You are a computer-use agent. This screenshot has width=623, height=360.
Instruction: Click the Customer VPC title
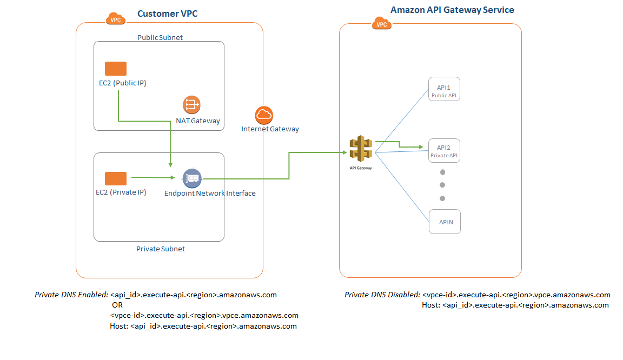click(167, 14)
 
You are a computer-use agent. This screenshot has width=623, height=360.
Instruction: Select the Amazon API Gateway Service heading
click(452, 10)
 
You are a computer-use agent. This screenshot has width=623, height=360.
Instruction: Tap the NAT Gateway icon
click(192, 104)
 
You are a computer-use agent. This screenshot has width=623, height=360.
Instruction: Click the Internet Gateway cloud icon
click(264, 115)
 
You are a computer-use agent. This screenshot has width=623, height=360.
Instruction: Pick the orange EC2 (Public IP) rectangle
click(116, 69)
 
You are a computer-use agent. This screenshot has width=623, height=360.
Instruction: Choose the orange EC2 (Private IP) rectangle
click(116, 179)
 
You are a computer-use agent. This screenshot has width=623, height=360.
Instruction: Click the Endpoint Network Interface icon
click(192, 178)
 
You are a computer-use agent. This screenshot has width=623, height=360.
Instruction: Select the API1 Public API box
click(445, 89)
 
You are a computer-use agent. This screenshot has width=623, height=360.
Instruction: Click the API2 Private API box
click(445, 151)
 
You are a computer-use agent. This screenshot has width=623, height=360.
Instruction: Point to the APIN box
click(445, 222)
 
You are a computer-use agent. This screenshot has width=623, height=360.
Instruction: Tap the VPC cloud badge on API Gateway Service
click(382, 23)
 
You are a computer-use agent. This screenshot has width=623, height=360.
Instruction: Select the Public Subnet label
click(160, 37)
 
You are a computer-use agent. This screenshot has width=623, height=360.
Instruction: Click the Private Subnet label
click(161, 249)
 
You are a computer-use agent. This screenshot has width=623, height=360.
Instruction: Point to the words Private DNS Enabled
click(71, 295)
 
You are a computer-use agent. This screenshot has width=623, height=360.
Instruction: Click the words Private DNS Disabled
click(382, 295)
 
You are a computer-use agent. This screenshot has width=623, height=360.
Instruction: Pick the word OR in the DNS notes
click(117, 305)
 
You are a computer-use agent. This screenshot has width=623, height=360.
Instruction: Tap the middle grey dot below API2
click(442, 185)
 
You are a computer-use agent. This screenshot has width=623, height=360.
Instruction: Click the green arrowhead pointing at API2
click(420, 146)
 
